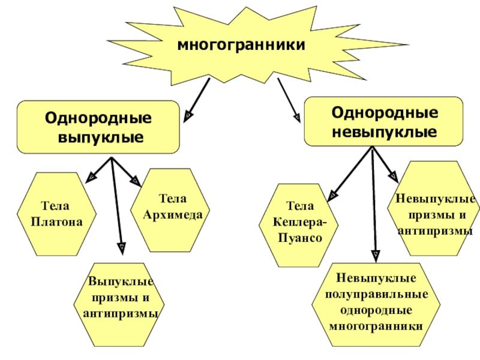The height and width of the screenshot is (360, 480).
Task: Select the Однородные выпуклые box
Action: (99, 127)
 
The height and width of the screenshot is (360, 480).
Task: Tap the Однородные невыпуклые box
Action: (384, 122)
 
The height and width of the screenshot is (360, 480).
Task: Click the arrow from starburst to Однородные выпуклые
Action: (198, 99)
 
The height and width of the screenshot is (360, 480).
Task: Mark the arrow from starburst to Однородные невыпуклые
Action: (289, 99)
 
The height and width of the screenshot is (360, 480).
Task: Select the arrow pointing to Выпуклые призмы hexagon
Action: (117, 204)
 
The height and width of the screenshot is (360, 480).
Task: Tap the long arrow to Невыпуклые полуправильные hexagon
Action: (374, 204)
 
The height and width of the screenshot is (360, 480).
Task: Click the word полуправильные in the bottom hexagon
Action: (376, 295)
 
